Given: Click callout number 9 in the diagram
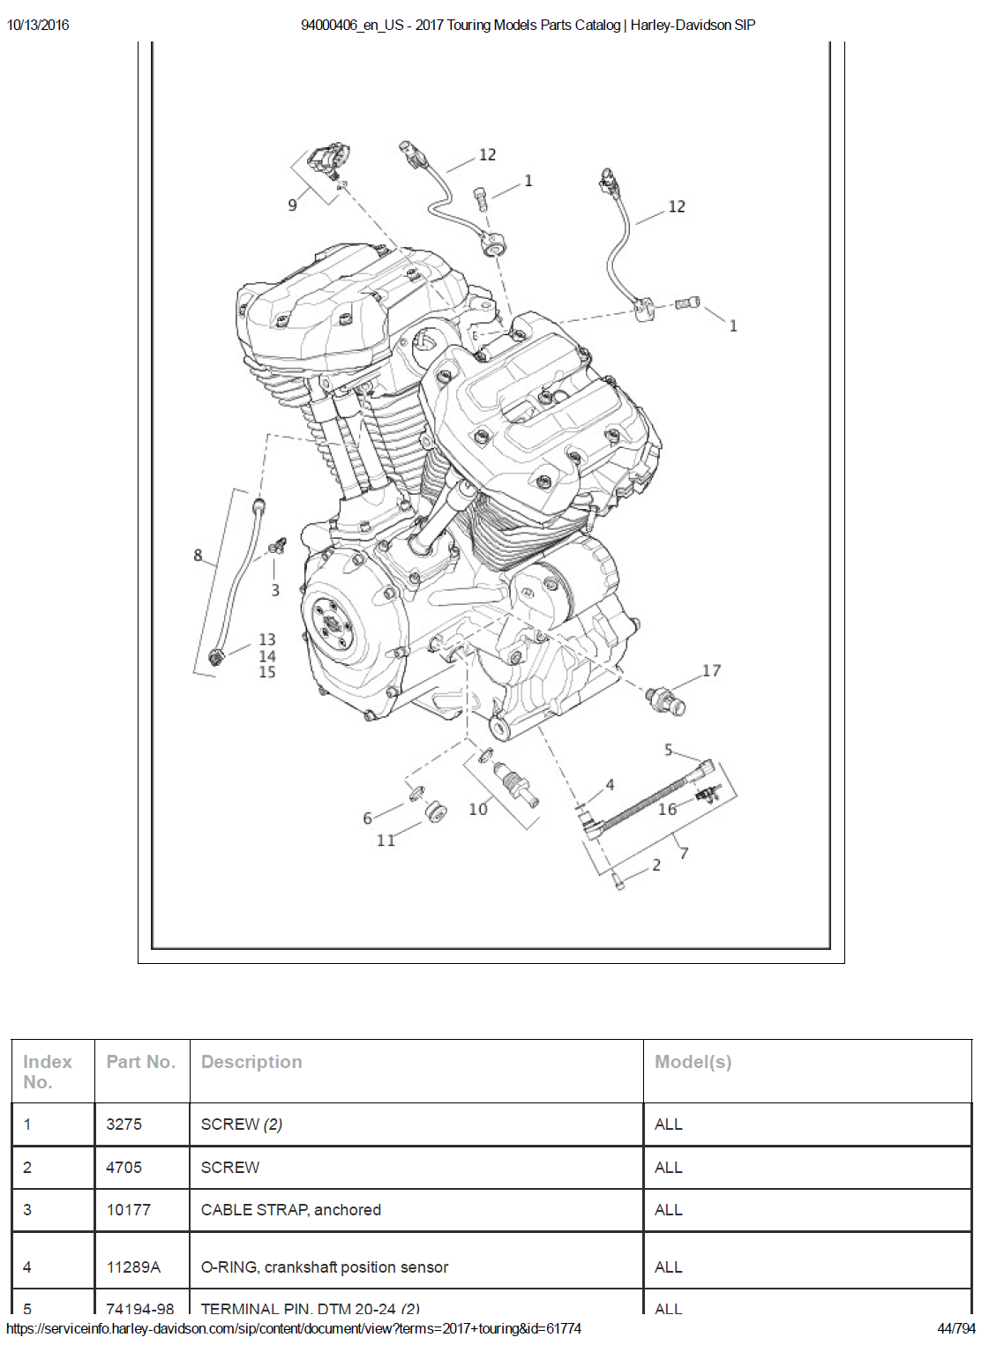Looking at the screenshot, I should (x=292, y=205).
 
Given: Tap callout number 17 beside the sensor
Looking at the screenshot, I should (x=711, y=670).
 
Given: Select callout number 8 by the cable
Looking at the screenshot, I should (x=198, y=555).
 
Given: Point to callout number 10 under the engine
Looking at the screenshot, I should (x=477, y=809).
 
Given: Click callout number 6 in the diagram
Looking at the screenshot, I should (x=367, y=818).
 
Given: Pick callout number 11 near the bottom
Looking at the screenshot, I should (x=386, y=840).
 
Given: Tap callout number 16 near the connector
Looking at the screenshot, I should (x=667, y=809).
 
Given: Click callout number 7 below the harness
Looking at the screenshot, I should (x=684, y=852).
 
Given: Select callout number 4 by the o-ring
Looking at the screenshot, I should (x=610, y=784).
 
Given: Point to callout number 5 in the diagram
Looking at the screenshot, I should (x=668, y=750).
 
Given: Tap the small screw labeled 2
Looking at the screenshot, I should (x=618, y=880).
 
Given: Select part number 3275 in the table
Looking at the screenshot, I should (x=124, y=1124).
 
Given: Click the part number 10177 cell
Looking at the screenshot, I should (x=129, y=1210).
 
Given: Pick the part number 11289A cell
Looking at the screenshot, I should (x=133, y=1267).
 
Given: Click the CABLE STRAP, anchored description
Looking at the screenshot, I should (x=291, y=1210).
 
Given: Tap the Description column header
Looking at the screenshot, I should (x=251, y=1062).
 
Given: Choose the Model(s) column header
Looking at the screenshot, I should (x=693, y=1062).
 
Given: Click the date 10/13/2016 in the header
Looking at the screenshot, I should (x=38, y=25).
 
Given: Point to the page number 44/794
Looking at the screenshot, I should (x=955, y=1328).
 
